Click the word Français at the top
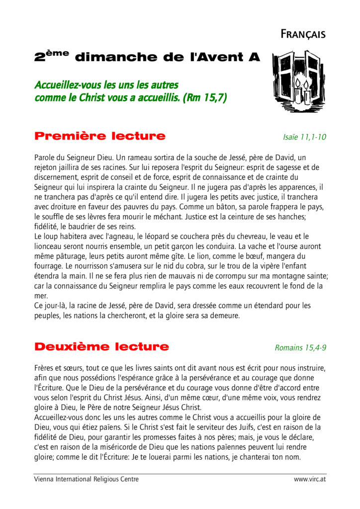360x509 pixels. tap(303, 34)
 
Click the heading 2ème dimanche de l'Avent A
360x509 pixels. tap(147, 57)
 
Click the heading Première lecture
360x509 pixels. tap(100, 136)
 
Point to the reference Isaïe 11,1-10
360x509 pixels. tap(304, 137)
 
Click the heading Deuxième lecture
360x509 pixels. tap(101, 346)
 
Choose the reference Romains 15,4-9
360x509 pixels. tap(300, 348)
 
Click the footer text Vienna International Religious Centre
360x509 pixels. tap(86, 479)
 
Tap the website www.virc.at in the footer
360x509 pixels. tap(310, 479)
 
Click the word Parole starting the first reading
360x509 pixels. tap(46, 158)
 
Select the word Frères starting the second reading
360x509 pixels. tap(46, 368)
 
